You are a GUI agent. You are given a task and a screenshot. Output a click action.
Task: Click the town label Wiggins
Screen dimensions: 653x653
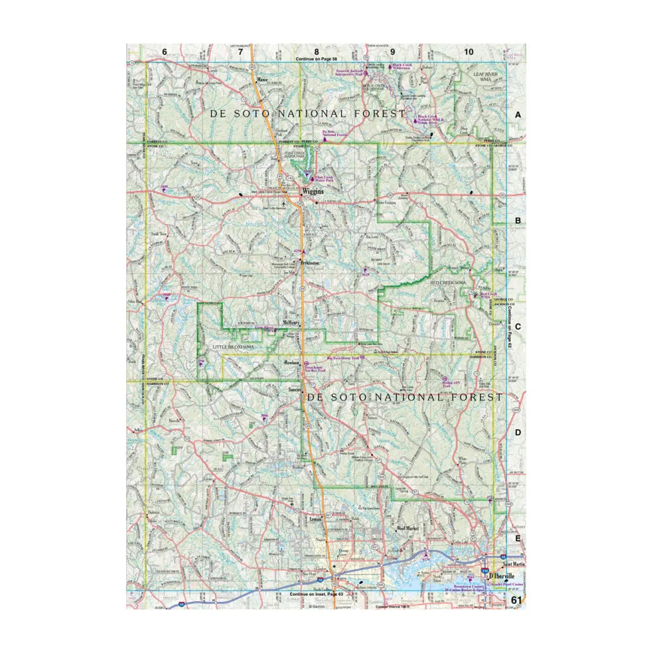click(x=313, y=191)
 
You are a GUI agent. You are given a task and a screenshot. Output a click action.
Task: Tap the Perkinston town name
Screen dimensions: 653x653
click(x=309, y=263)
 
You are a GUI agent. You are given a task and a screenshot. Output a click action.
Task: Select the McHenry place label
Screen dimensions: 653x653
click(x=293, y=322)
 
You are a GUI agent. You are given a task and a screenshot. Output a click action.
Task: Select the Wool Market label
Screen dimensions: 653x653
click(x=409, y=529)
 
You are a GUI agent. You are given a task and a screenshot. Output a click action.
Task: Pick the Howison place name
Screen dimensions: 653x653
click(x=292, y=363)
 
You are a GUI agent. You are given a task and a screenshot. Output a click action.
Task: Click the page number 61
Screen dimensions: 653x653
click(x=517, y=600)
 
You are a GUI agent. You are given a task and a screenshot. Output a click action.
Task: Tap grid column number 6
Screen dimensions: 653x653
click(x=164, y=52)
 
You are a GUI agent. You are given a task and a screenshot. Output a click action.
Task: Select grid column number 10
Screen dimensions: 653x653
click(x=469, y=52)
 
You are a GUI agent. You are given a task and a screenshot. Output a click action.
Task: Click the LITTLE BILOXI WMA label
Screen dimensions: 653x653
click(x=233, y=347)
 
